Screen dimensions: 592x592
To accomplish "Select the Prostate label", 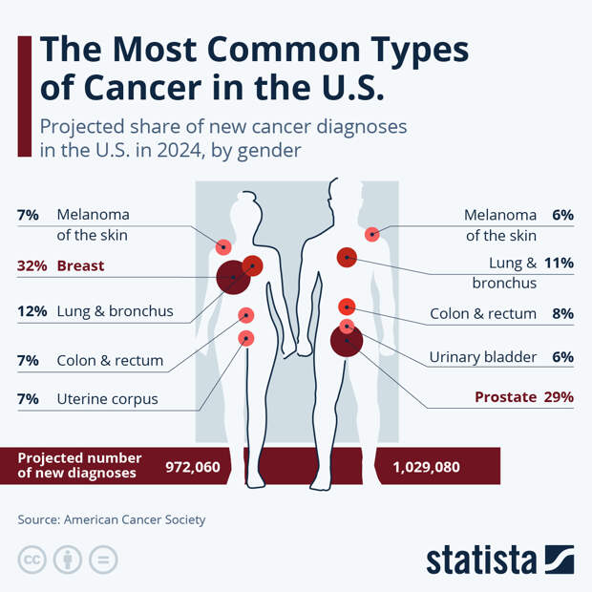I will (505, 396).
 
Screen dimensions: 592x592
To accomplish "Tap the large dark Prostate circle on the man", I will (347, 340).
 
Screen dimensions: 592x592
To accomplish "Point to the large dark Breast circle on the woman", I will (232, 278).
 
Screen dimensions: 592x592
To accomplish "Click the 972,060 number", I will (193, 466).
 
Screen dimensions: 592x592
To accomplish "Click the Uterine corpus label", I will (107, 398).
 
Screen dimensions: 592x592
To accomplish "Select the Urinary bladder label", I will (482, 356).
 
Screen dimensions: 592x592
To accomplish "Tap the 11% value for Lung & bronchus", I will (559, 263).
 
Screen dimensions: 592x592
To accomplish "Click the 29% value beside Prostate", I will (558, 396).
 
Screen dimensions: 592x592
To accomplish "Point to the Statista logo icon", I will (559, 560).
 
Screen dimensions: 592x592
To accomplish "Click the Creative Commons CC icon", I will (32, 560).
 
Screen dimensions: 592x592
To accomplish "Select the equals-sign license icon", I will (103, 560).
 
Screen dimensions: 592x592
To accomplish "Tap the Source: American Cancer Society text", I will (111, 519).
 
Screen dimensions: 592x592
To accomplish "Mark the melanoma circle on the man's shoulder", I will (372, 234).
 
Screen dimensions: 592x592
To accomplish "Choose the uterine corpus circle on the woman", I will (246, 338).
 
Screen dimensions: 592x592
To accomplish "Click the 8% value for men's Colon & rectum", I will (561, 313).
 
